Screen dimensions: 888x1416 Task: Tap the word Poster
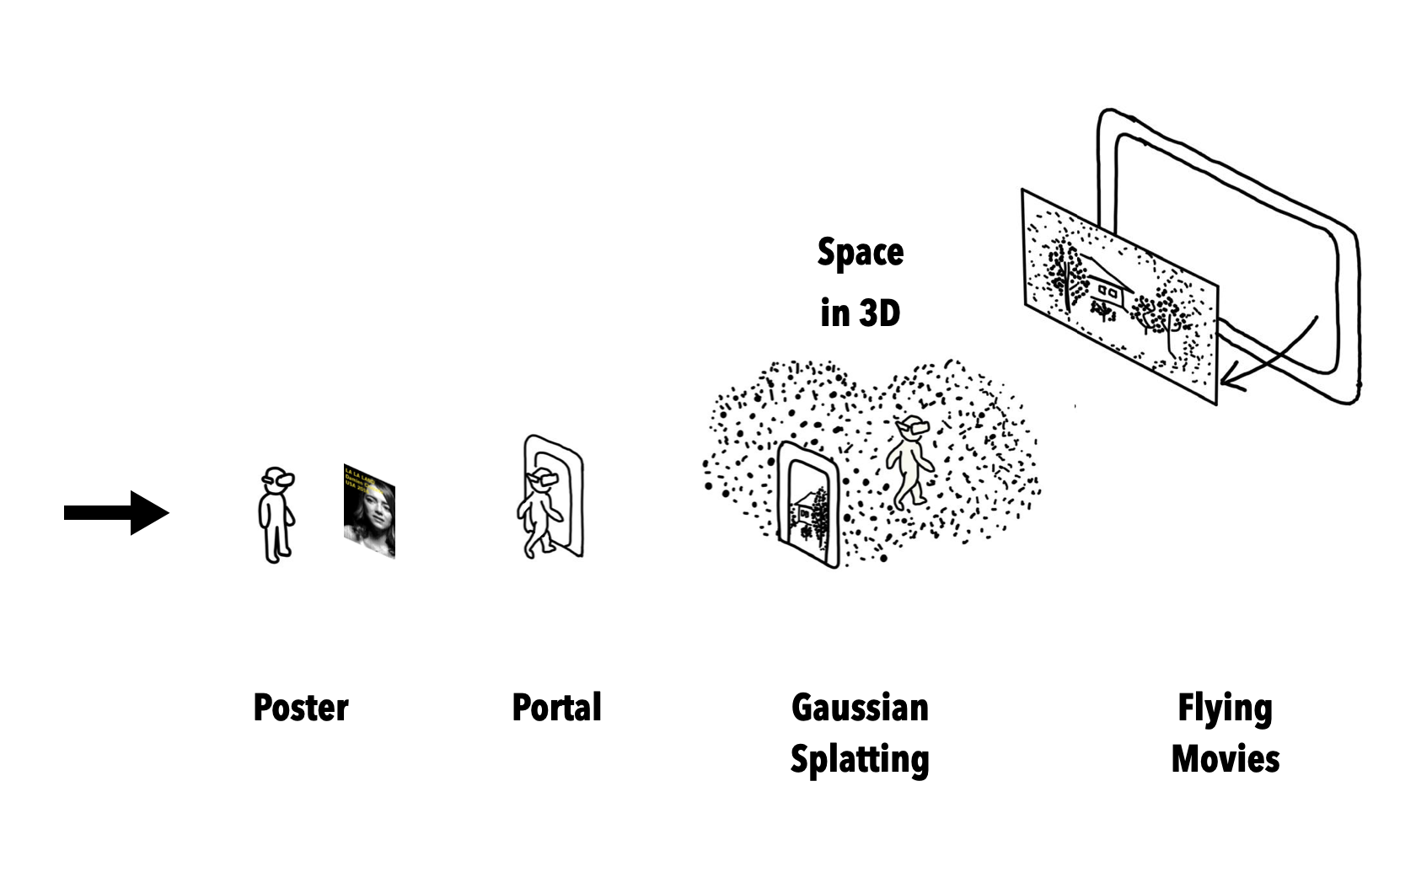pyautogui.click(x=301, y=708)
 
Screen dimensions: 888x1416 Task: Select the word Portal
pyautogui.click(x=556, y=708)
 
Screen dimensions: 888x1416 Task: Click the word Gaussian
pyautogui.click(x=860, y=708)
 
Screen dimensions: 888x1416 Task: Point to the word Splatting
pyautogui.click(x=860, y=759)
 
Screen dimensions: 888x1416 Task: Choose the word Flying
pyautogui.click(x=1225, y=709)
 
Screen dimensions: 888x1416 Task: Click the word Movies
pyautogui.click(x=1226, y=759)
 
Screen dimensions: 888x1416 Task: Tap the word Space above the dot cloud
pyautogui.click(x=861, y=252)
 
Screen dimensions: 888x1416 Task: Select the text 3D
pyautogui.click(x=880, y=313)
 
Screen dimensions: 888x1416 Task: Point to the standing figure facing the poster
pyautogui.click(x=275, y=516)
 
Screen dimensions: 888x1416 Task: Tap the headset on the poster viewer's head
pyautogui.click(x=280, y=479)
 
